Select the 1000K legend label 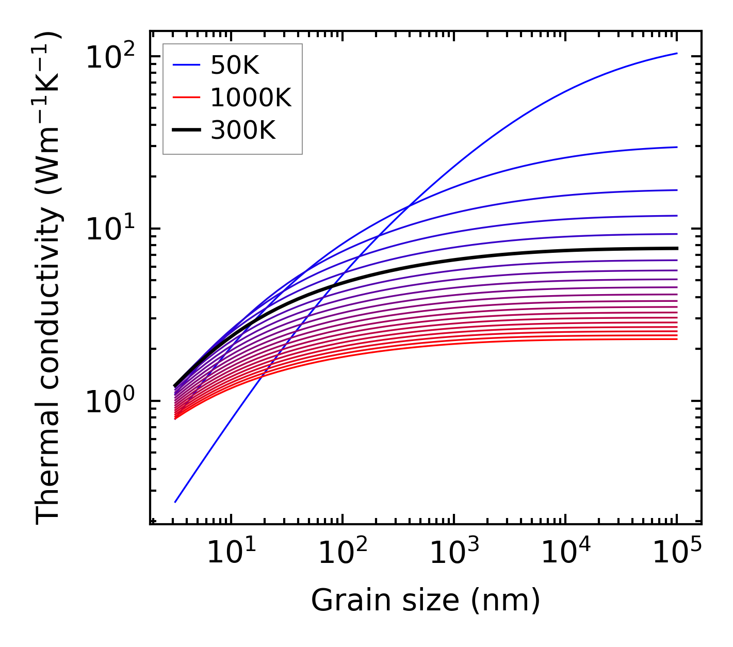[x=251, y=98]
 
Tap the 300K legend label [x=243, y=131]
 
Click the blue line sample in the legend [x=186, y=65]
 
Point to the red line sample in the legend [x=186, y=98]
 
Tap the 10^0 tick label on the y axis [x=110, y=401]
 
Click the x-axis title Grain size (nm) [x=426, y=600]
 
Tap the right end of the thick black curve [x=676, y=248]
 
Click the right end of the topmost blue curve [x=676, y=53]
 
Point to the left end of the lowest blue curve [x=175, y=502]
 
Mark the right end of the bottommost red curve [x=676, y=338]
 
